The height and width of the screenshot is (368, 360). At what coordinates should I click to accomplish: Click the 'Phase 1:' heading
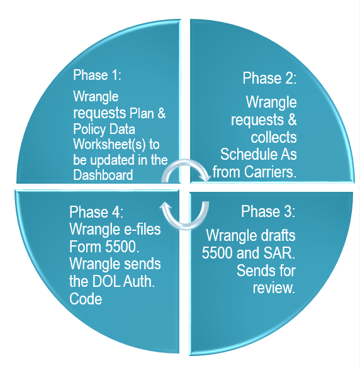click(x=97, y=75)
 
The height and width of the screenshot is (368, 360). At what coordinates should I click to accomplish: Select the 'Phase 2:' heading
click(x=269, y=78)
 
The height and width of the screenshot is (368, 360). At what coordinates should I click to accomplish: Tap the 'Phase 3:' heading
click(x=268, y=211)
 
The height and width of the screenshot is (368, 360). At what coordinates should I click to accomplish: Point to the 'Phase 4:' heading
click(x=96, y=212)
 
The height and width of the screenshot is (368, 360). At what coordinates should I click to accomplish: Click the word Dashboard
click(x=103, y=175)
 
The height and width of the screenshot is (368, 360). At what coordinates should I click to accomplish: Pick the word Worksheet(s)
click(x=110, y=144)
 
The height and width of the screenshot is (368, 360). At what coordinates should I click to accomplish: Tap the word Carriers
click(x=270, y=172)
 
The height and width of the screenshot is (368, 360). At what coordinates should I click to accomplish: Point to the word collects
click(x=274, y=137)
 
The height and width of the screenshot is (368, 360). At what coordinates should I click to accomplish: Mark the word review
click(x=274, y=287)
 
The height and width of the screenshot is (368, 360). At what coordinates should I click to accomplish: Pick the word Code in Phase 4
click(x=86, y=299)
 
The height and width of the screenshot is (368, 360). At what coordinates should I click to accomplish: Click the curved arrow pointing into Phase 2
click(x=185, y=162)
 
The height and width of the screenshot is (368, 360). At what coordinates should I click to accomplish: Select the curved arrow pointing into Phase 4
click(x=186, y=226)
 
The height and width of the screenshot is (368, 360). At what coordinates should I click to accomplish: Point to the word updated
click(x=113, y=160)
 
